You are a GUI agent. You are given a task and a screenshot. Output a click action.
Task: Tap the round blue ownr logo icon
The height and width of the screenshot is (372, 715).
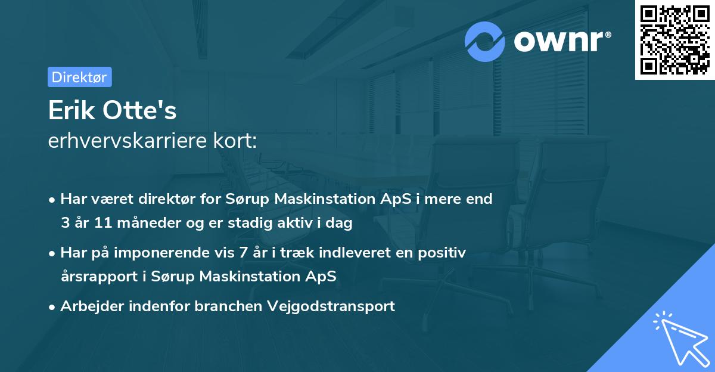click(x=485, y=42)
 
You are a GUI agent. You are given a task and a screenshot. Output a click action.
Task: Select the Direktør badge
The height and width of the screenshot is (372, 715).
click(x=80, y=77)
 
